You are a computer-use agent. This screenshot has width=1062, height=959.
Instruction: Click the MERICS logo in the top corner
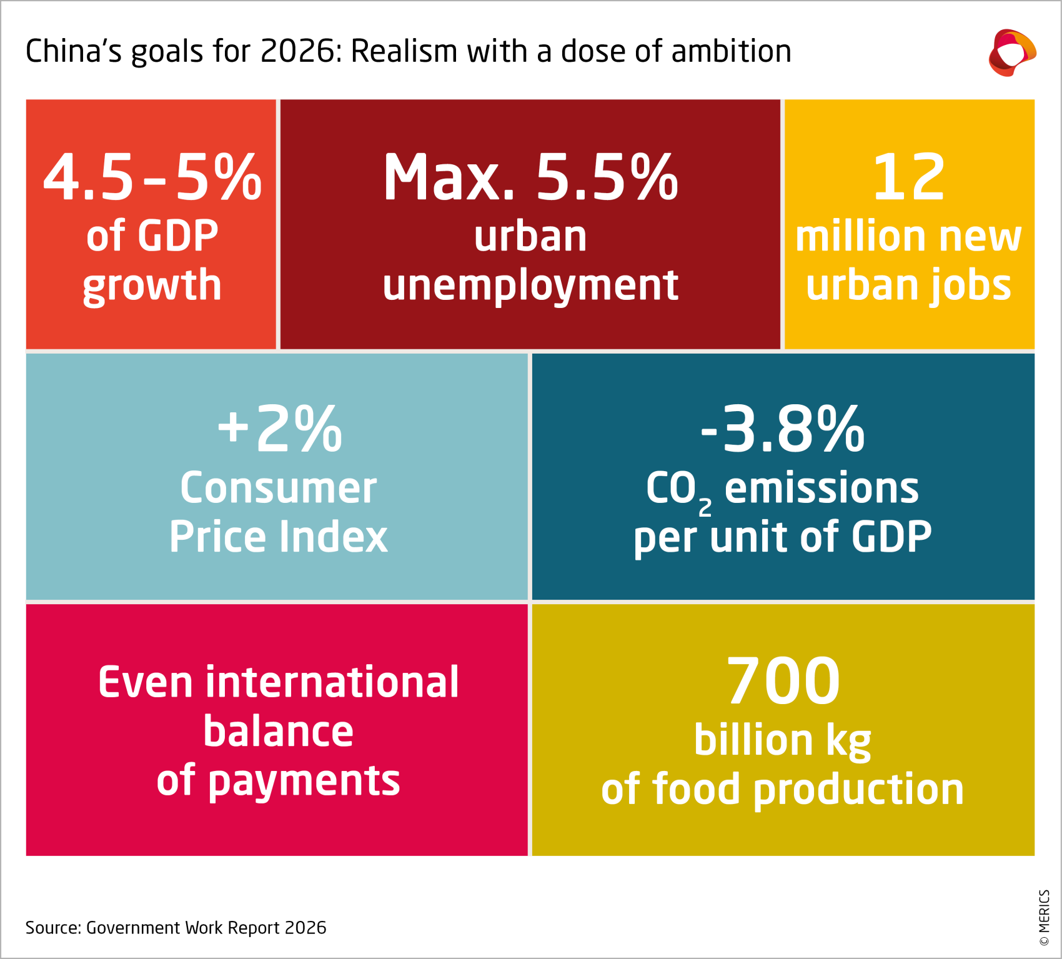1012,52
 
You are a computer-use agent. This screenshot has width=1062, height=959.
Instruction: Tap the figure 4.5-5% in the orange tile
152,178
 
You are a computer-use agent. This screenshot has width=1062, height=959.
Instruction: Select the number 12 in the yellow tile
908,178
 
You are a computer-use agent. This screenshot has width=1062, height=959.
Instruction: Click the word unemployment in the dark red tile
530,285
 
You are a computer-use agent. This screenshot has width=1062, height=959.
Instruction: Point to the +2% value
279,429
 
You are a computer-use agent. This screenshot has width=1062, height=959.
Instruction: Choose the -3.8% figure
782,429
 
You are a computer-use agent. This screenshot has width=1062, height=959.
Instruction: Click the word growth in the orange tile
152,285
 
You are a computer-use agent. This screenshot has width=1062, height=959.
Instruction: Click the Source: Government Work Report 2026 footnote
176,928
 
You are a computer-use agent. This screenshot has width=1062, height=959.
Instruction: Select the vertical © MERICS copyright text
1044,918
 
